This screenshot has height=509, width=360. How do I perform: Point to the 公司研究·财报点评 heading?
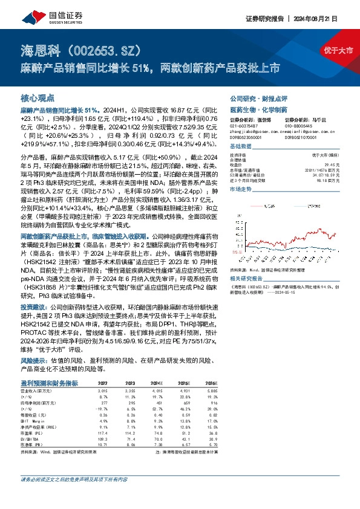(x=258, y=98)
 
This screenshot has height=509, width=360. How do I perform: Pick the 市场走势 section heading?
(x=241, y=190)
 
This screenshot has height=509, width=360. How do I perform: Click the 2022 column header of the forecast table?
(x=103, y=383)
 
